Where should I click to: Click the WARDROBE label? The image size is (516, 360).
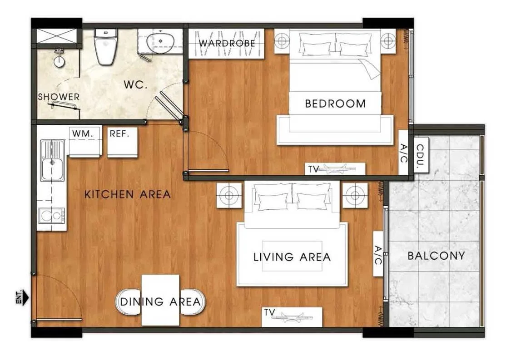[227, 43]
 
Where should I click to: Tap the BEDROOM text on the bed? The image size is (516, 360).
[335, 104]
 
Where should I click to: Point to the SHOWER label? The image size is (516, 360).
[59, 97]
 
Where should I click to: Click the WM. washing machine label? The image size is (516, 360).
[83, 133]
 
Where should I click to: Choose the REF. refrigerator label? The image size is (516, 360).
[119, 133]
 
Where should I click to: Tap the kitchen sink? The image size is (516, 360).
[52, 161]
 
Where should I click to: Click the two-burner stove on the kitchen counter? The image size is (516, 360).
[51, 216]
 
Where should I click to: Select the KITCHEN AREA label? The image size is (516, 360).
[128, 194]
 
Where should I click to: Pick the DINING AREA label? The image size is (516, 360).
[160, 301]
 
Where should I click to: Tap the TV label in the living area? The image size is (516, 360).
[269, 312]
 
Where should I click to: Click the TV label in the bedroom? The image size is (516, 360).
[313, 169]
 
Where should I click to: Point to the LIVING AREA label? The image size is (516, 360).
[292, 257]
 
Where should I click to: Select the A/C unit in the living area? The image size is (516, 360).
[378, 254]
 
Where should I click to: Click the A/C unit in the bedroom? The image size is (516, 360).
[404, 153]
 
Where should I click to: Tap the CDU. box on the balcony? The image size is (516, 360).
[421, 155]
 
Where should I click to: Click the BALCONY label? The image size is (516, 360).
[436, 256]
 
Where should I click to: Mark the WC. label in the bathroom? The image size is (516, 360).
[135, 85]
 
